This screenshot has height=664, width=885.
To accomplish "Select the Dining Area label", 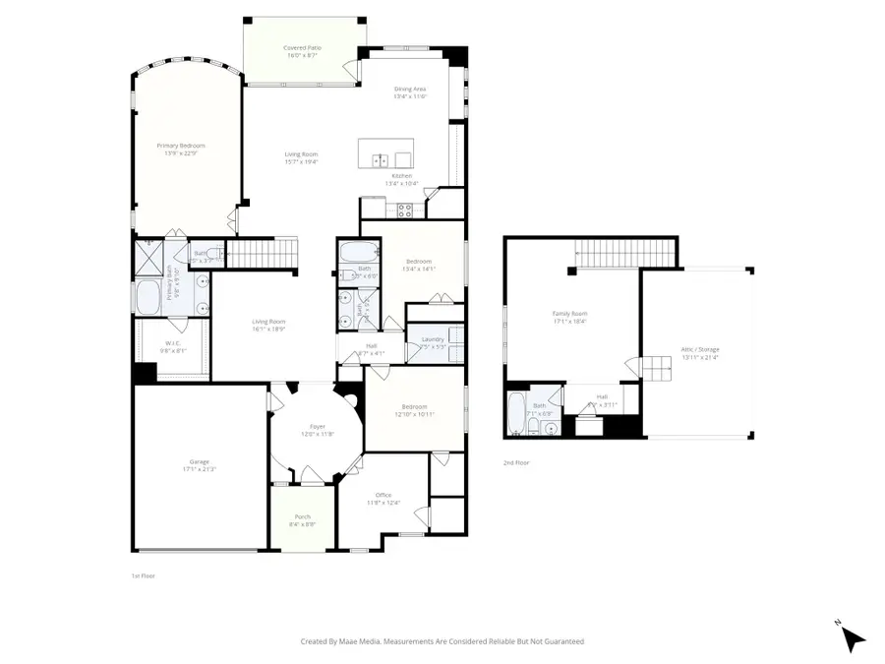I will [x=411, y=89].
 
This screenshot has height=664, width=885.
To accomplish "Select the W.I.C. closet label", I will [x=171, y=342].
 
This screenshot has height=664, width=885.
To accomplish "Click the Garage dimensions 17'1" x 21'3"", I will [x=199, y=469].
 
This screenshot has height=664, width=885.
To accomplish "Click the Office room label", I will [x=383, y=495].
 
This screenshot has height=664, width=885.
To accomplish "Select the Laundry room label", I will [x=433, y=339].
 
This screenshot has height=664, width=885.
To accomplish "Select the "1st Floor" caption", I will [x=144, y=575].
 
